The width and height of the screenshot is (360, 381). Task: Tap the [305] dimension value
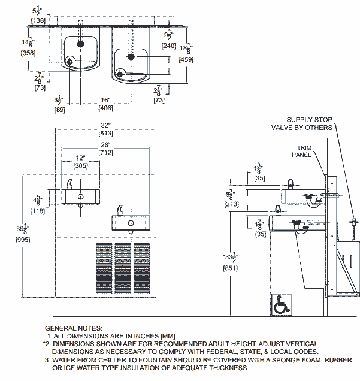click(x=80, y=166)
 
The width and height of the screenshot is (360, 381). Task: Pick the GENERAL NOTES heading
click(x=74, y=328)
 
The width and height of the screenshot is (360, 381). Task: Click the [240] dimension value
click(x=169, y=45)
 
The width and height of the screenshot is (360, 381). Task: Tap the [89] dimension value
click(x=59, y=110)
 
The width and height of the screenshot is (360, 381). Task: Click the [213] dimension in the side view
click(x=231, y=204)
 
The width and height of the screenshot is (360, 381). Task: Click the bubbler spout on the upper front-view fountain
click(x=69, y=183)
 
